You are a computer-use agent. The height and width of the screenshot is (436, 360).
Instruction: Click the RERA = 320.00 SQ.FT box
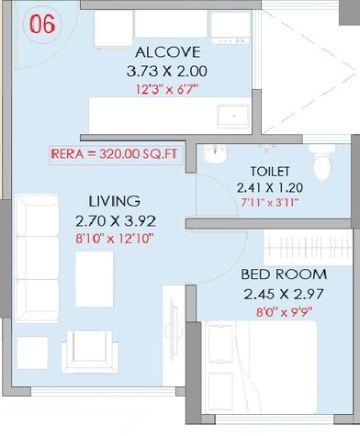[x=117, y=156]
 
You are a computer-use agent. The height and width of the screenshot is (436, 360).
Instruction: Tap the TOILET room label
[x=270, y=171]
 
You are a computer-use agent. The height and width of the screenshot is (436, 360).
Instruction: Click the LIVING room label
[x=114, y=200]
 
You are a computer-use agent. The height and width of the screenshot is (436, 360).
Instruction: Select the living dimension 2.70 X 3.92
[x=114, y=219]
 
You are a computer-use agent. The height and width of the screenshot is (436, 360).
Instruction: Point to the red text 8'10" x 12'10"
[x=114, y=237]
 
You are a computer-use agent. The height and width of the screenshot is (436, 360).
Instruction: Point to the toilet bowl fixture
[x=322, y=163]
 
